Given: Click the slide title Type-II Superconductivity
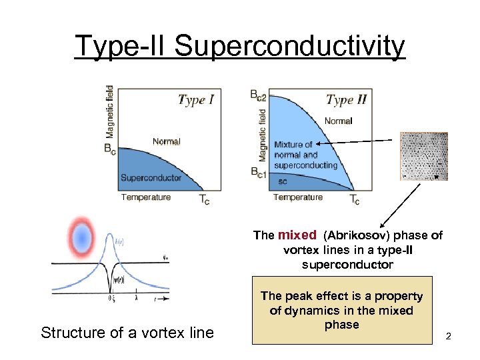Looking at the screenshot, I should click(239, 46).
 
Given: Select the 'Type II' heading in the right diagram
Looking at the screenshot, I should click(346, 100).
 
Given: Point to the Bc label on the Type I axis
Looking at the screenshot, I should click(110, 150).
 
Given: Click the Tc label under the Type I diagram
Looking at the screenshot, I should click(204, 200).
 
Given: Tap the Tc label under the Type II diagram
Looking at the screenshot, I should click(355, 200).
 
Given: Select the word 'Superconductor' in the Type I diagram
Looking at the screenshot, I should click(151, 177).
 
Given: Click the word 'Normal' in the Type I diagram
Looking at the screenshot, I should click(166, 141).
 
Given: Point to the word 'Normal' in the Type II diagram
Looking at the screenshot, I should click(338, 121).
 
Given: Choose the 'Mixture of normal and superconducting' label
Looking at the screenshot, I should click(305, 155).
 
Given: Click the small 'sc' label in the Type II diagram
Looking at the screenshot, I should click(283, 181).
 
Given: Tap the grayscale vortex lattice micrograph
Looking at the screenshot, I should click(423, 156).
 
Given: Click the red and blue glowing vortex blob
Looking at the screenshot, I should click(82, 236).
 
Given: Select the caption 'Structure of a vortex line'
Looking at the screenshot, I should click(127, 332).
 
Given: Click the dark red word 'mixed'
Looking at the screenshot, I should click(297, 235).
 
